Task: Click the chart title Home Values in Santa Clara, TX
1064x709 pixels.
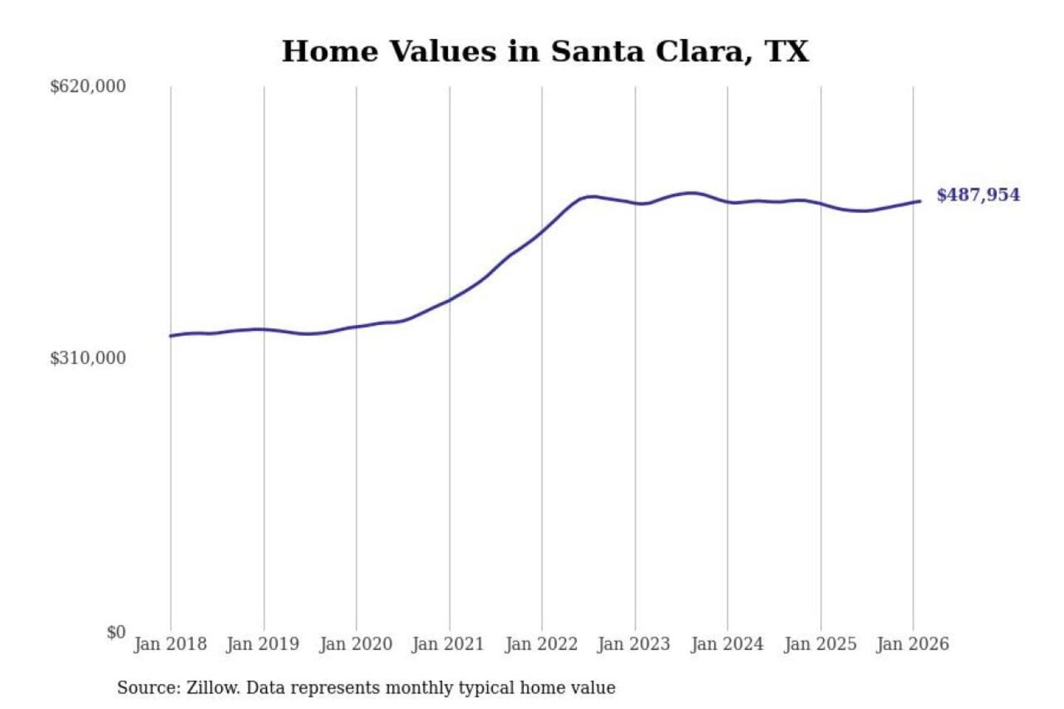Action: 545,52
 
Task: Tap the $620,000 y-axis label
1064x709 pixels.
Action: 87,86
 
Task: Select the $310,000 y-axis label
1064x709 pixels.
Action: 87,358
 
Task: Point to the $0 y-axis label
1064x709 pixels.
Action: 116,632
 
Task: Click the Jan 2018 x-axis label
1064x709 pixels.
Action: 170,644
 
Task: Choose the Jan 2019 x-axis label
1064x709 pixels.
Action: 263,644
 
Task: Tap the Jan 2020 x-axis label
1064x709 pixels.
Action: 355,644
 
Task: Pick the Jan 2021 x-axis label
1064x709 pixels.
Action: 449,644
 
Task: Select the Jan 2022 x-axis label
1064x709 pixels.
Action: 541,644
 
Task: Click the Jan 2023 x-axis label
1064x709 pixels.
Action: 634,644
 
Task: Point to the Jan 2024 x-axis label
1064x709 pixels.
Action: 727,644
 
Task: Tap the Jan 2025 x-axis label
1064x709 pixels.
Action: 820,644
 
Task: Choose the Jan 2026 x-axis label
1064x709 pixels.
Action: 913,644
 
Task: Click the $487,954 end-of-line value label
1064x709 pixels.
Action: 978,195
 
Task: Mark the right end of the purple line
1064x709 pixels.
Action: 920,201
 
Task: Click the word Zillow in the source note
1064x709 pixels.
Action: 212,688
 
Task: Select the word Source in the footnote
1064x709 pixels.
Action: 147,688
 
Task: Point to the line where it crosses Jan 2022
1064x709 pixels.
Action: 542,232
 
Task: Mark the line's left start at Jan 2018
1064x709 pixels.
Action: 171,336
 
